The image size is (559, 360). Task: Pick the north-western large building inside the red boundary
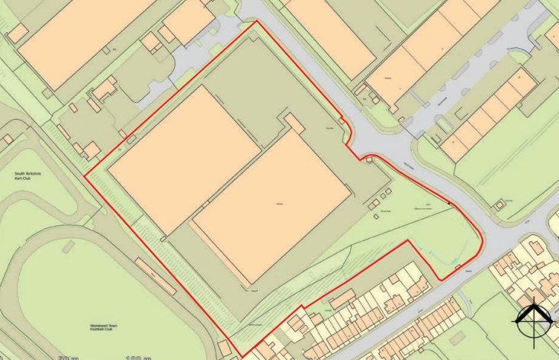pyautogui.click(x=183, y=156)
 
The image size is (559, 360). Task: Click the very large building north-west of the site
pyautogui.click(x=84, y=38)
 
